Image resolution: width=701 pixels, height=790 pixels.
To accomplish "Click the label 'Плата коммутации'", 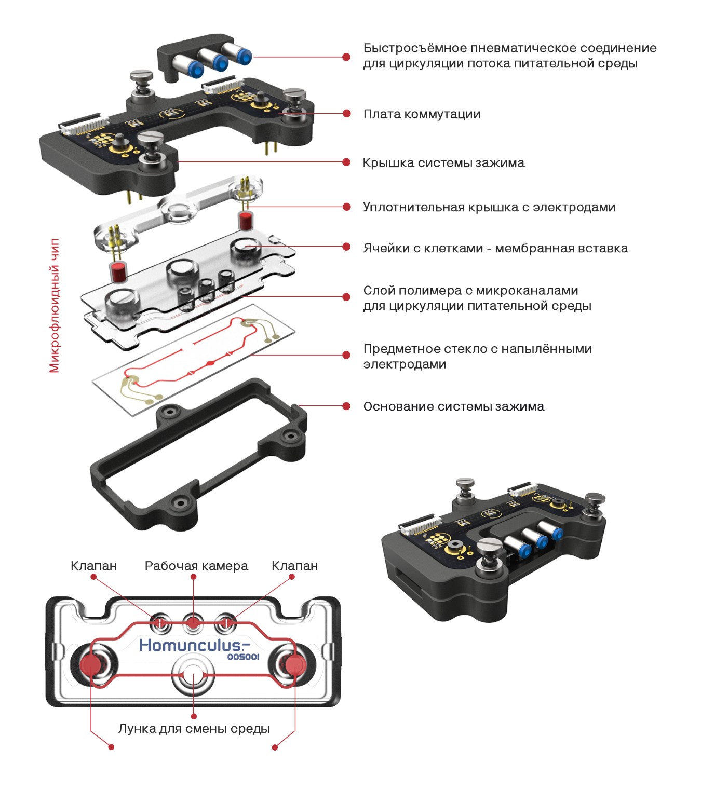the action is coord(422,114).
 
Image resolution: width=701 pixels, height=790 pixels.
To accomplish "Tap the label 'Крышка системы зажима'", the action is coord(443,162).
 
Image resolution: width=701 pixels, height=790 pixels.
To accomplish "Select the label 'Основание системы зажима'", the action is coord(454,406).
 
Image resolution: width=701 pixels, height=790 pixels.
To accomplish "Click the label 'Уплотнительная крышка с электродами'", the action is coord(489,207).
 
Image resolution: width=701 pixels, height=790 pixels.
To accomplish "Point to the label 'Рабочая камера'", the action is coord(196,566).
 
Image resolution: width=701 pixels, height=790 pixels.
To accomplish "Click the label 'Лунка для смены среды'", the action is coord(194,728).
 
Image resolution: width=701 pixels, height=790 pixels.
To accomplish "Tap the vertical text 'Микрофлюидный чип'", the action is coord(54,305).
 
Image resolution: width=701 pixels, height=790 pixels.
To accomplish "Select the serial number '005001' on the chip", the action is coord(244,657).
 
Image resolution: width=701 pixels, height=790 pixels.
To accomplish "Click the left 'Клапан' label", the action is coord(93,566).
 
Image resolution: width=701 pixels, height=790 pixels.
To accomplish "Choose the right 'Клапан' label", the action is coord(294,566).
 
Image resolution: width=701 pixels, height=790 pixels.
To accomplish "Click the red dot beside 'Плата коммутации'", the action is coord(346,114).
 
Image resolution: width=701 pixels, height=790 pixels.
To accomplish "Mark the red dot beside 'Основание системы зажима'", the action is coord(346,406).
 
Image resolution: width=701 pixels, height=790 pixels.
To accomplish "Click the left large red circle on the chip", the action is coord(91,664).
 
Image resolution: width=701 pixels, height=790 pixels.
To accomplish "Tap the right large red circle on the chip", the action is coord(295,664).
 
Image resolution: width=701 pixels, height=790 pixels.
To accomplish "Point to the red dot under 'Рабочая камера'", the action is coord(194,577).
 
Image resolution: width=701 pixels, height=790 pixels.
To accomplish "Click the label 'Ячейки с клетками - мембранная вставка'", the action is coord(495,248).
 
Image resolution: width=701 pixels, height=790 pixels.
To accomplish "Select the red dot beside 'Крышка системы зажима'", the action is coord(346,162).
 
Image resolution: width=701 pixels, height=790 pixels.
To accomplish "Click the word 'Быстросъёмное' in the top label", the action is coord(415,48).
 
